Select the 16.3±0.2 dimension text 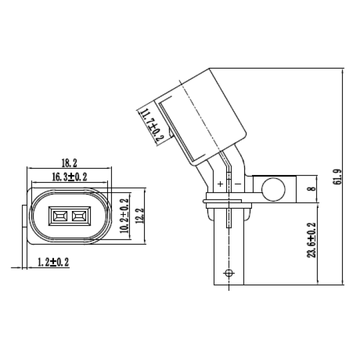click(x=69, y=177)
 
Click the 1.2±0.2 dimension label click(x=53, y=262)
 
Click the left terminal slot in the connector click(x=58, y=215)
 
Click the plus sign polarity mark click(x=220, y=184)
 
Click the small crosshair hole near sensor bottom click(x=228, y=273)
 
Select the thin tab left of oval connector click(x=24, y=224)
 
